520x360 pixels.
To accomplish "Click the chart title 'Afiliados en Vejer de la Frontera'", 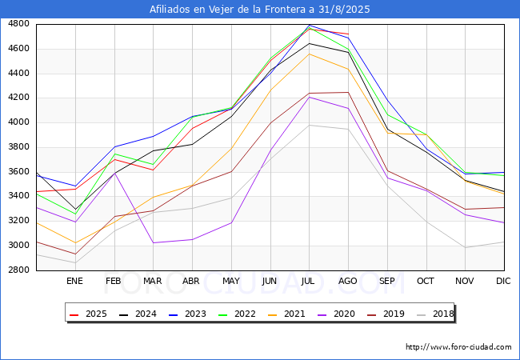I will [260, 10].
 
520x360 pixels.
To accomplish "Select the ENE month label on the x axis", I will [74, 281].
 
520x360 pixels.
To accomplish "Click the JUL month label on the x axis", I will [309, 281].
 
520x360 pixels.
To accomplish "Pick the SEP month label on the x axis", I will [387, 281].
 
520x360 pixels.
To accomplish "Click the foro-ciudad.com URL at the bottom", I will [458, 347].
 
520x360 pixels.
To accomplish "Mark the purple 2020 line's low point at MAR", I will [153, 242].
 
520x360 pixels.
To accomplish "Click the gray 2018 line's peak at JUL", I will [309, 125].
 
